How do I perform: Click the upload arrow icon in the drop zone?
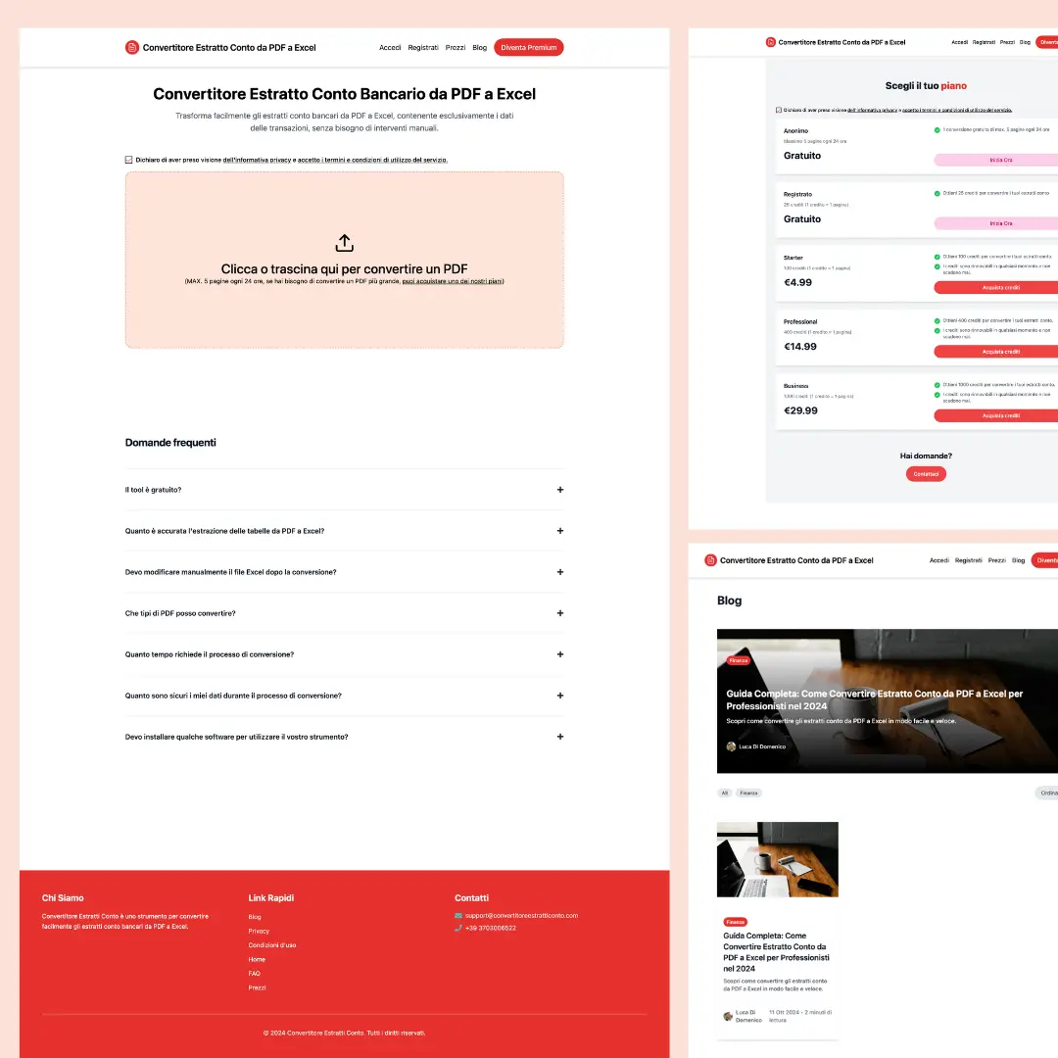coord(344,243)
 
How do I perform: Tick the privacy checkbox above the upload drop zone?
coord(128,159)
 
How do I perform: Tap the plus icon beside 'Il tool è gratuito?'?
coord(560,490)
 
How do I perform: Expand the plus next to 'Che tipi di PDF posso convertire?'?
coord(560,613)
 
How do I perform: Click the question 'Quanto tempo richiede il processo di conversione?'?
coord(210,654)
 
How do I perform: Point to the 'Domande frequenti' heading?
coord(170,443)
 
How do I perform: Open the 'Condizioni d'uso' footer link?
coord(272,945)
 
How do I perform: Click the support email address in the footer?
coord(521,915)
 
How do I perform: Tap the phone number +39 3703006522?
coord(490,928)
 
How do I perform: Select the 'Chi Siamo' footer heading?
coord(63,897)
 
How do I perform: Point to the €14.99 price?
coord(800,347)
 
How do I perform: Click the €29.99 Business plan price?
coord(800,410)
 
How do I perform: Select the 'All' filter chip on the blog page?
coord(725,793)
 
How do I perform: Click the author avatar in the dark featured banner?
coord(731,746)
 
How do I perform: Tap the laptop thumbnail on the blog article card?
coord(778,859)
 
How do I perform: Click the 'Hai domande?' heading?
coord(926,456)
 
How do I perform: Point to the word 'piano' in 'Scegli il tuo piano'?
coord(953,86)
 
